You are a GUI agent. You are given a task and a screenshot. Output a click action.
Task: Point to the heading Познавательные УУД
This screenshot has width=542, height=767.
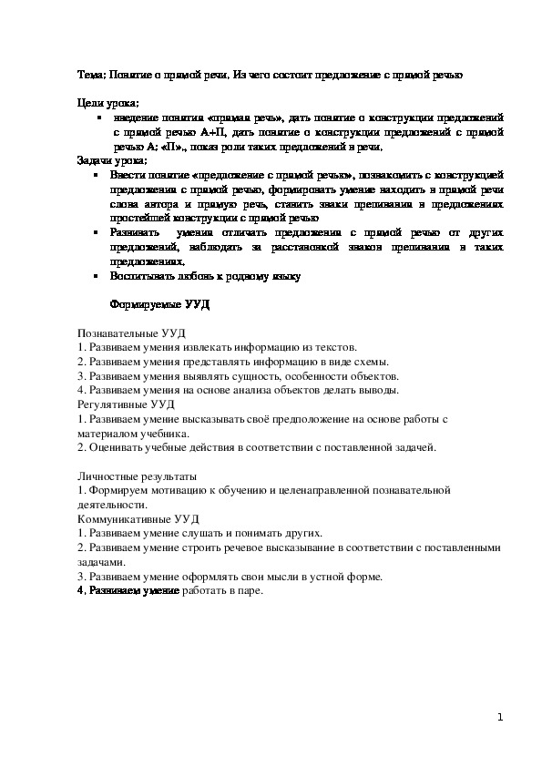[131, 333]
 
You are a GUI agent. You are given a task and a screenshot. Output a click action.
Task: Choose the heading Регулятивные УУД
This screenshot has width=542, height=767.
[127, 404]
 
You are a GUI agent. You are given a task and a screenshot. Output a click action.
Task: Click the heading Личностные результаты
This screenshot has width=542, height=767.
[136, 476]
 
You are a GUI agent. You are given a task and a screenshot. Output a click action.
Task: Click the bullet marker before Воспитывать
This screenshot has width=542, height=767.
[95, 274]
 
